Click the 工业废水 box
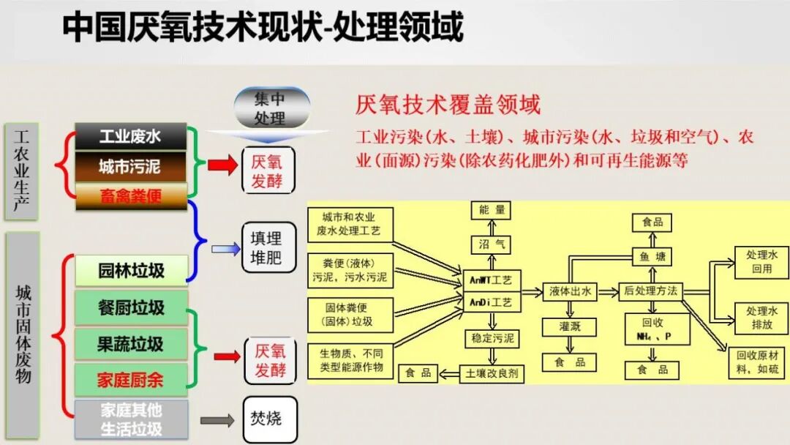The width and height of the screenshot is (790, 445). point(131,137)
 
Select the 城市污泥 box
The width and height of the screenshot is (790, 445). point(131,167)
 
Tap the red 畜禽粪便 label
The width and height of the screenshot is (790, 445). point(131,196)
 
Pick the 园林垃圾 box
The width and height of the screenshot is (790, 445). point(132,271)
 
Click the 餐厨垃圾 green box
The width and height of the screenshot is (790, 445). point(132,307)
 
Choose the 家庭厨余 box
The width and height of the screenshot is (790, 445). point(132,379)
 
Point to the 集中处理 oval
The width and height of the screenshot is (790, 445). point(271,108)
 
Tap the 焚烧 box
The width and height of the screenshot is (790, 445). point(270,419)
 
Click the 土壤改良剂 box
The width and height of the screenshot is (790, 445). point(492,373)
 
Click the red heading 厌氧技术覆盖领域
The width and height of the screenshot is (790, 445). point(448,105)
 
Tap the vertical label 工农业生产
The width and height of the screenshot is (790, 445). point(22,172)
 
